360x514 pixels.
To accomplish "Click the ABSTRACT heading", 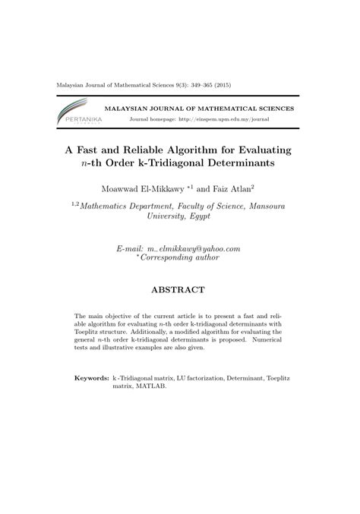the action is click(179, 290).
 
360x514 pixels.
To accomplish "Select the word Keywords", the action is click(91, 377).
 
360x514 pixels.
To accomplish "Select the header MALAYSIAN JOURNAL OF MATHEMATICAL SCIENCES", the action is click(199, 109).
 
